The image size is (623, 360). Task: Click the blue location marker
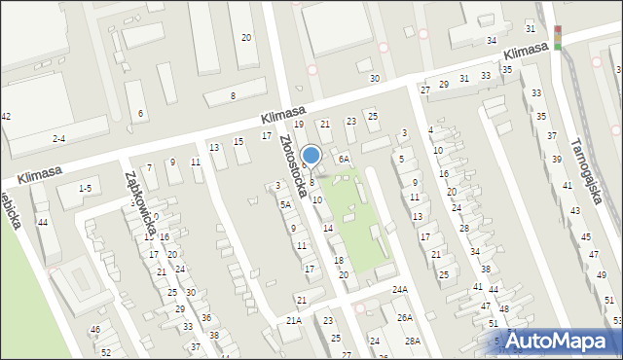311,156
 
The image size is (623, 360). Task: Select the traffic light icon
558,36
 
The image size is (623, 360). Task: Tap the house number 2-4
59,139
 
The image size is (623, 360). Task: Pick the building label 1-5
85,188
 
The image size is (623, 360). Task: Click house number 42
6,117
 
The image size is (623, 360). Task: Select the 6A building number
343,159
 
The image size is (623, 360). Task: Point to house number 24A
399,290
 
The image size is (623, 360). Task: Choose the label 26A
405,317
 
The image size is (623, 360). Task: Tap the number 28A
413,341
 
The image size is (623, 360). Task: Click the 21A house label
294,320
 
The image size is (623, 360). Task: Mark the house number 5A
285,204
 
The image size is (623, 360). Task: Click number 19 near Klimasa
299,125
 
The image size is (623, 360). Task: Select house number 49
600,275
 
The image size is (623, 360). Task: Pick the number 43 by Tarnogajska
574,210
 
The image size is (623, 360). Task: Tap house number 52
105,351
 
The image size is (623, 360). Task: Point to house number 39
557,159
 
